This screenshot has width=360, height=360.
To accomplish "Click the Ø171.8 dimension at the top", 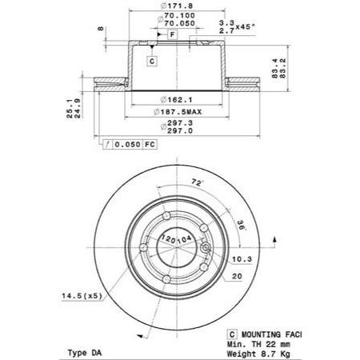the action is (x=177, y=6).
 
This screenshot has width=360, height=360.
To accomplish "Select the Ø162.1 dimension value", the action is (x=177, y=100).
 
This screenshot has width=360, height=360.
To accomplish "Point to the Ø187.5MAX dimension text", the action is (x=178, y=112).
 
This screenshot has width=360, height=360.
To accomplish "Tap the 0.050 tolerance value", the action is (x=127, y=145).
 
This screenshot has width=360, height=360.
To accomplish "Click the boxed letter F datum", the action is (x=173, y=34).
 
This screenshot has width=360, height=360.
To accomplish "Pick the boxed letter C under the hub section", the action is (x=152, y=62).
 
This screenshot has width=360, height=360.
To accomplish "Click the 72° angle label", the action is (x=197, y=182).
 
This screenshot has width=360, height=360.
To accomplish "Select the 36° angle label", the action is (x=242, y=226).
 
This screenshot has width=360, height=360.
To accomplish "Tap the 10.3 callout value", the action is (x=242, y=259).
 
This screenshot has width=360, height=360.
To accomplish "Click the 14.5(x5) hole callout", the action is (x=82, y=296).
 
